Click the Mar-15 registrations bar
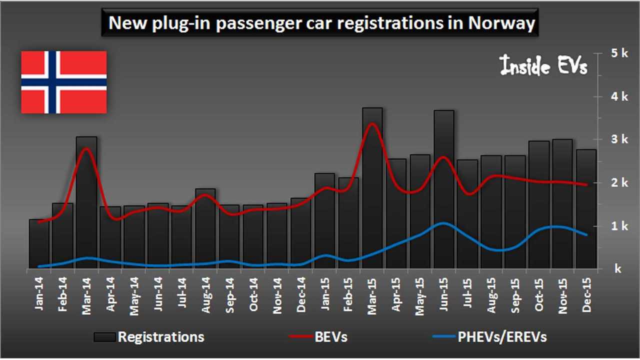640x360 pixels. pos(372,200)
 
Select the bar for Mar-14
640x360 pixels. pos(86,210)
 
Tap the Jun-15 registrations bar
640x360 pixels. pos(444,200)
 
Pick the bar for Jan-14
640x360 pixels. pos(39,245)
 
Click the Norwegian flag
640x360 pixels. pos(63,82)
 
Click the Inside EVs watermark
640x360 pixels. pos(544,66)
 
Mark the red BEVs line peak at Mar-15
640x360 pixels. pos(372,123)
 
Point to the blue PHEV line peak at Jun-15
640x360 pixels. pos(442,223)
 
